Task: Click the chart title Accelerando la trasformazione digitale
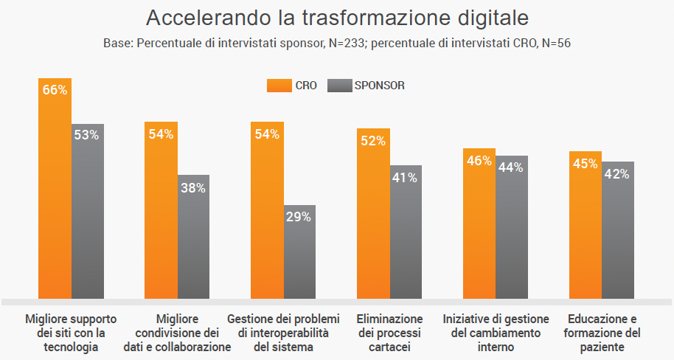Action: pyautogui.click(x=338, y=18)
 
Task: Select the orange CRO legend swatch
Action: pyautogui.click(x=279, y=86)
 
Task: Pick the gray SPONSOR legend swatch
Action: pyautogui.click(x=339, y=86)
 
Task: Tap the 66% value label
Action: pyautogui.click(x=55, y=90)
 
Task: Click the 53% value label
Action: pyautogui.click(x=87, y=135)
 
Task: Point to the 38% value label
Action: pyautogui.click(x=193, y=187)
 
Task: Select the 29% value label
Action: pyautogui.click(x=299, y=217)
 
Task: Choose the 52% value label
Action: pyautogui.click(x=373, y=141)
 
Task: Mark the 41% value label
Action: pyautogui.click(x=405, y=177)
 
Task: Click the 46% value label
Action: pyautogui.click(x=479, y=160)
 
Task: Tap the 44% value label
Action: pyautogui.click(x=511, y=167)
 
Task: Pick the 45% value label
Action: pyautogui.click(x=586, y=163)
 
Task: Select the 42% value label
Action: pyautogui.click(x=617, y=174)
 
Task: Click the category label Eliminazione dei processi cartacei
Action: pyautogui.click(x=389, y=333)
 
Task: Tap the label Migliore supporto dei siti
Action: pyautogui.click(x=72, y=333)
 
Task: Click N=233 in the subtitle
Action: pyautogui.click(x=342, y=43)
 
